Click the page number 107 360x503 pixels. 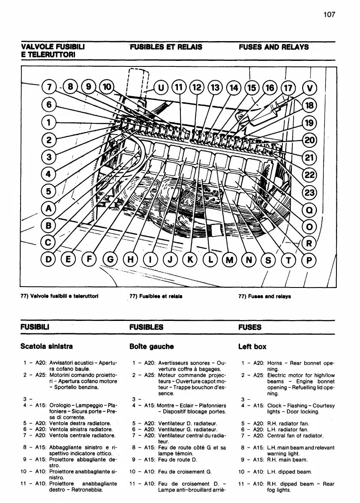[329, 14]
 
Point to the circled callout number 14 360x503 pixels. [234, 88]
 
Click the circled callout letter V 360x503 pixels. [310, 88]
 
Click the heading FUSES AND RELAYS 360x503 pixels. [273, 47]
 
